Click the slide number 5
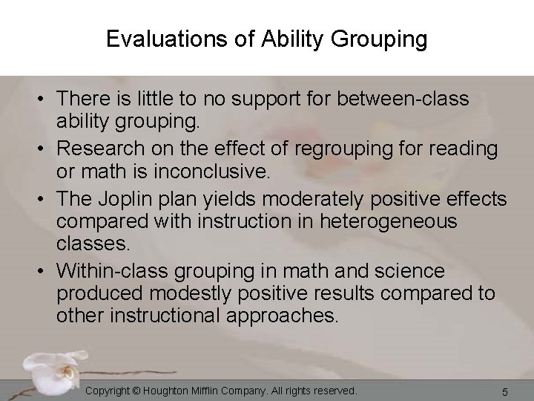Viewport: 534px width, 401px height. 504,391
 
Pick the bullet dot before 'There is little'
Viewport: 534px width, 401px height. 46,99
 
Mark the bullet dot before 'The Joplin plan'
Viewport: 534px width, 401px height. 46,199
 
